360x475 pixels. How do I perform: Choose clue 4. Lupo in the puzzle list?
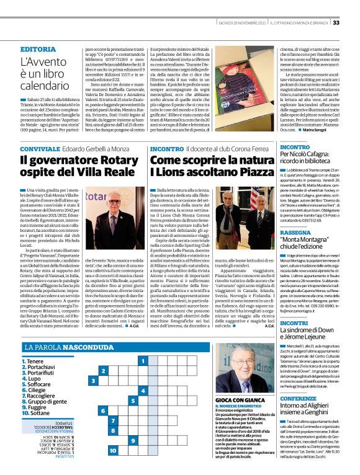click(x=35, y=377)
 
